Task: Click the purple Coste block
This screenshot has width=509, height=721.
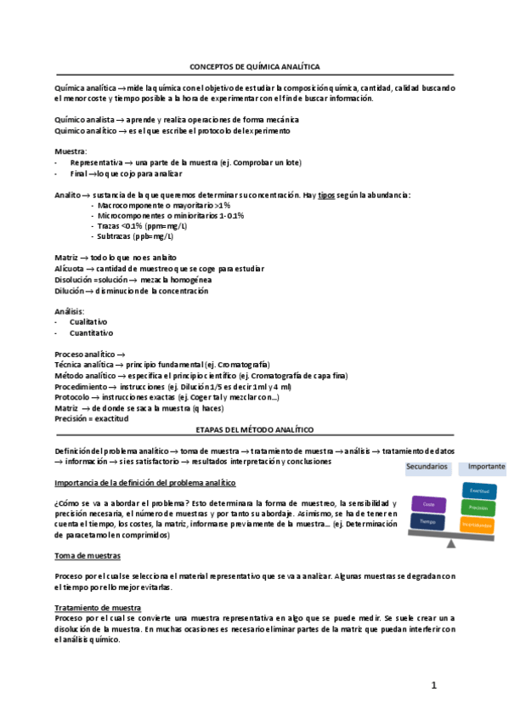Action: pyautogui.click(x=428, y=505)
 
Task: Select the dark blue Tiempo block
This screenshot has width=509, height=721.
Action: pyautogui.click(x=428, y=520)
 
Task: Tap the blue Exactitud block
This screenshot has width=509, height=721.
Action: pyautogui.click(x=478, y=491)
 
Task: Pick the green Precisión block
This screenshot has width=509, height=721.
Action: pyautogui.click(x=478, y=508)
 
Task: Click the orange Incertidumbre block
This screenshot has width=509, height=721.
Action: pyautogui.click(x=478, y=525)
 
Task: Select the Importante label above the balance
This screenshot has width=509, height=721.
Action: pyautogui.click(x=485, y=467)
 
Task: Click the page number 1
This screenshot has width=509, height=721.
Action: pyautogui.click(x=433, y=684)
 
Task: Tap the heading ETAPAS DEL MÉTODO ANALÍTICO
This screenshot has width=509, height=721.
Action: pyautogui.click(x=254, y=430)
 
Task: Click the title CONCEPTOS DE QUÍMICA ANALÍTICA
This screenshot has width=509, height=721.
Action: pyautogui.click(x=254, y=66)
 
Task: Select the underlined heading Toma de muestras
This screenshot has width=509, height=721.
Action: pyautogui.click(x=87, y=555)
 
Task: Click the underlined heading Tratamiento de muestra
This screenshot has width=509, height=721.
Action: pyautogui.click(x=97, y=608)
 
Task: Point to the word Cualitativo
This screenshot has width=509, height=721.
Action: pyautogui.click(x=88, y=322)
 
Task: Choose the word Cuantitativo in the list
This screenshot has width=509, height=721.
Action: pyautogui.click(x=91, y=333)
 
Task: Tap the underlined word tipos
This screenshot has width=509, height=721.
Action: pyautogui.click(x=328, y=195)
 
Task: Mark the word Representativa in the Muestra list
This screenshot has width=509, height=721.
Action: pyautogui.click(x=95, y=162)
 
